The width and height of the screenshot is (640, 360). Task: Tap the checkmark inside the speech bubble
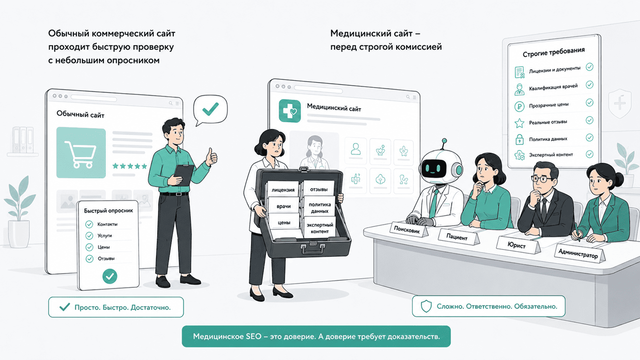(x=210, y=109)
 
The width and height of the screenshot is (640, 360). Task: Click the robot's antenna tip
(x=444, y=140)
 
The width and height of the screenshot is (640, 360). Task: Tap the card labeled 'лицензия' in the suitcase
(x=283, y=190)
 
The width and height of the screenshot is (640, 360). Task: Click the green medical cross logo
(x=290, y=111)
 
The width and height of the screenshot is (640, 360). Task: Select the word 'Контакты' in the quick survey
(x=107, y=224)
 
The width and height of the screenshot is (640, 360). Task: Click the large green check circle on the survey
(x=110, y=276)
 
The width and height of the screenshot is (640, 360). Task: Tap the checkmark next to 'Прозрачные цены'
(x=590, y=102)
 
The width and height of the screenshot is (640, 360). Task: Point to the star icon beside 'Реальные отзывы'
(x=520, y=123)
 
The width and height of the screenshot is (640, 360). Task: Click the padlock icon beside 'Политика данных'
(x=520, y=140)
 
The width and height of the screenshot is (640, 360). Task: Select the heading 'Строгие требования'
(x=554, y=52)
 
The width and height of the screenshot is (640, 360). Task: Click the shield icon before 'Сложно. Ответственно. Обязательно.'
(x=426, y=306)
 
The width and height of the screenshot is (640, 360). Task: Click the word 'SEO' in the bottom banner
(x=254, y=337)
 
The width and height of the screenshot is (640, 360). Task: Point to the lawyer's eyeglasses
(x=542, y=179)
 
